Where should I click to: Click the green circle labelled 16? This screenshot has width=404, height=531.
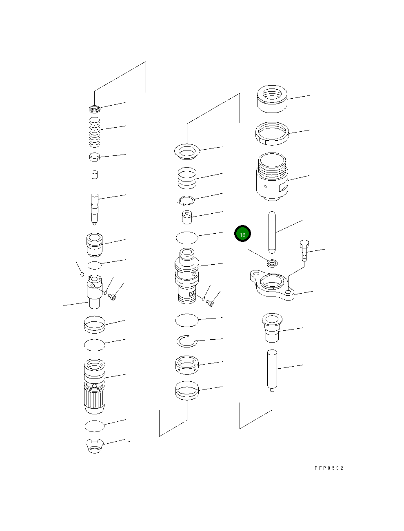[242, 235]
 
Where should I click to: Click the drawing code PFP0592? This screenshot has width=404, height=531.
[329, 468]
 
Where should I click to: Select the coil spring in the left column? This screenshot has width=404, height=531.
[95, 132]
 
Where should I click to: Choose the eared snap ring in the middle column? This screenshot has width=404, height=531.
[186, 200]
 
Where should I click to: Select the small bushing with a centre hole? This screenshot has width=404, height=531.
[187, 217]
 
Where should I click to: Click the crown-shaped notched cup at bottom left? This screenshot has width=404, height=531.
[95, 446]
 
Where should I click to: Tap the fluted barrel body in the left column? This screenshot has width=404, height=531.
[95, 385]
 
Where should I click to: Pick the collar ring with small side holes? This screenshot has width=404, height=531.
[187, 365]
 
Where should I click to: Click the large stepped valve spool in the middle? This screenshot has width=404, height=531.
[187, 276]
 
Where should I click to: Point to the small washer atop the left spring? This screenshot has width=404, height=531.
[94, 109]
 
